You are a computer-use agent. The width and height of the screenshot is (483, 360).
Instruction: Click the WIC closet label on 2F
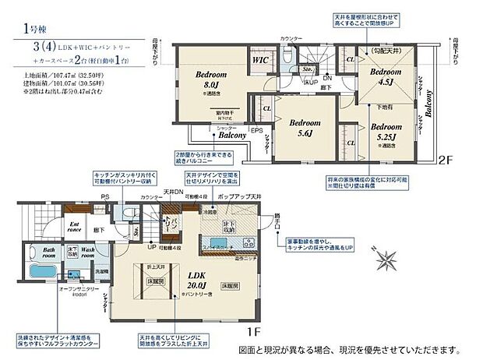tap(260, 58)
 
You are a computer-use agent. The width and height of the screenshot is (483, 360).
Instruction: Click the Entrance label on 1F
tap(74, 228)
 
